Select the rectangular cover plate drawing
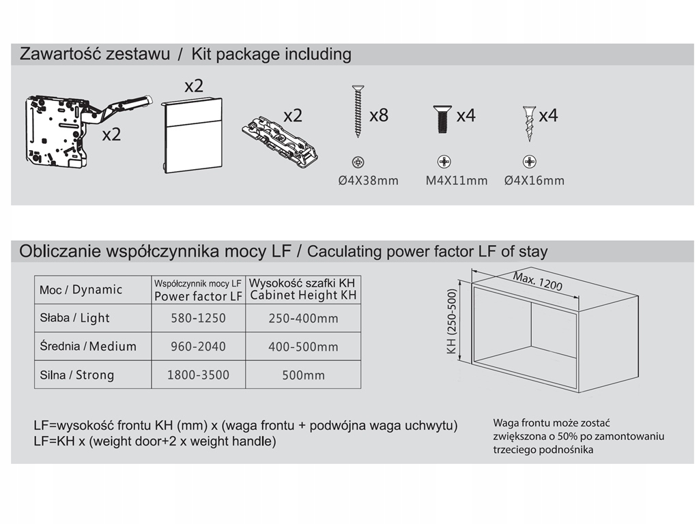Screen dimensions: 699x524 tap(193, 136)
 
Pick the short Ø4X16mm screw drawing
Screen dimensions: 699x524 tap(528, 123)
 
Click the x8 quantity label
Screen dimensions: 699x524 tap(379, 115)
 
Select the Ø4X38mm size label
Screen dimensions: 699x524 tap(369, 181)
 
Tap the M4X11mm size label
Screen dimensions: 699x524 tap(457, 181)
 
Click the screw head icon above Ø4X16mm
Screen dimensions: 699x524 tap(529, 162)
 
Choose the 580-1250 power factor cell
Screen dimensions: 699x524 tap(198, 318)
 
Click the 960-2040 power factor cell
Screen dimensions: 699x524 tap(198, 347)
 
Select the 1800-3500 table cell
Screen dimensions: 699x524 tap(198, 375)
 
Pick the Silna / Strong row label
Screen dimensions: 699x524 tap(76, 375)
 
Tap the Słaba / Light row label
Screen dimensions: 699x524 tap(74, 318)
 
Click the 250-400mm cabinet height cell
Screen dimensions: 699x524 tap(303, 318)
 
